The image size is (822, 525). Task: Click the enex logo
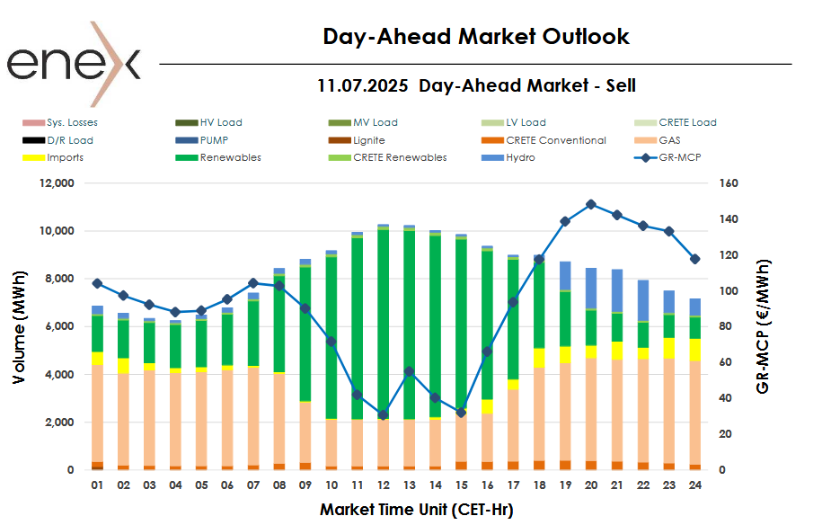click(74, 63)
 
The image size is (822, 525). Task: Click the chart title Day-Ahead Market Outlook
click(476, 37)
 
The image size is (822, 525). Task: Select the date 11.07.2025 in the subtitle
click(363, 86)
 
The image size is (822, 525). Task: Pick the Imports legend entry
click(66, 157)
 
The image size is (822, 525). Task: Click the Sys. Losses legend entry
click(73, 122)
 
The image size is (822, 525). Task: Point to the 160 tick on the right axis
click(729, 183)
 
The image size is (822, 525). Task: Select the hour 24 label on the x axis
click(694, 485)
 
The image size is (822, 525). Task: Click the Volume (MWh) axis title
click(19, 326)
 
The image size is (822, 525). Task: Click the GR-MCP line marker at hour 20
click(590, 204)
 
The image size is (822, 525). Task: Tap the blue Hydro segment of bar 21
click(617, 290)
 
